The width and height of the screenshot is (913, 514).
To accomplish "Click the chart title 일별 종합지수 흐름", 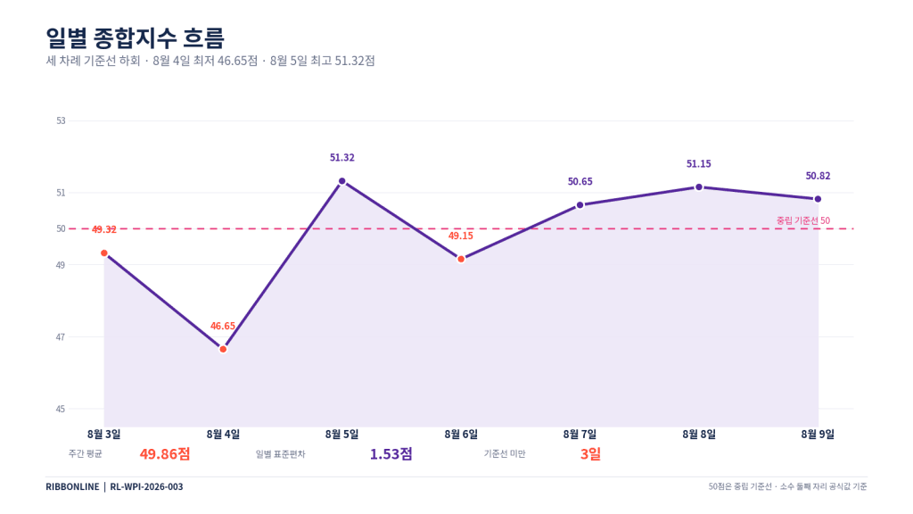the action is point(136,37).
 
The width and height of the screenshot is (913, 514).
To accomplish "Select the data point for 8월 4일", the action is point(223,349).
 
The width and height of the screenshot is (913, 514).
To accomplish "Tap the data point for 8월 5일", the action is point(341,181).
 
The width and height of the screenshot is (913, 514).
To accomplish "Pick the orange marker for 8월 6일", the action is point(461,259).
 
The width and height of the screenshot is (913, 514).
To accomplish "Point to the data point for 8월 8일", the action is point(699,187).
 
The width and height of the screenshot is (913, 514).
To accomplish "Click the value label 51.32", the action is point(341,157).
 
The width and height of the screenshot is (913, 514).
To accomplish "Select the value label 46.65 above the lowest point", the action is point(223,326).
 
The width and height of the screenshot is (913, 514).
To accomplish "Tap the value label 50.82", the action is point(818,176).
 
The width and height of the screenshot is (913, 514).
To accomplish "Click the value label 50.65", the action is point(580,181).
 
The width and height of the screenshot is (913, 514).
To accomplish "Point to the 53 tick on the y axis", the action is point(62,120).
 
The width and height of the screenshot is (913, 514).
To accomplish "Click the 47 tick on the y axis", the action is point(62,336).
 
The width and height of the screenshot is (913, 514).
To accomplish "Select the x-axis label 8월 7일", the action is point(580,435).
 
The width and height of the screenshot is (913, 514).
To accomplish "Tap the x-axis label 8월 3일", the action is point(104,435).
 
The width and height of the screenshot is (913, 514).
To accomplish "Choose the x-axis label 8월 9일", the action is point(818,435).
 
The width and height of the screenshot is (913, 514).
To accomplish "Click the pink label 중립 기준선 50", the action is point(803,220).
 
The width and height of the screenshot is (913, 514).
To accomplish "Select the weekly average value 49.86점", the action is point(165,453).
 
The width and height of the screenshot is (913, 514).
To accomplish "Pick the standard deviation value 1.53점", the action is point(391,453).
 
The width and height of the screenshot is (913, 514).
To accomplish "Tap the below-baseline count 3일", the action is point(590,453).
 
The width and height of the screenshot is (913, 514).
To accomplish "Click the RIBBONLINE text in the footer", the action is point(72,486).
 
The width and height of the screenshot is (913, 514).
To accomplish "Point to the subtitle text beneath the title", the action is point(210,61).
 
